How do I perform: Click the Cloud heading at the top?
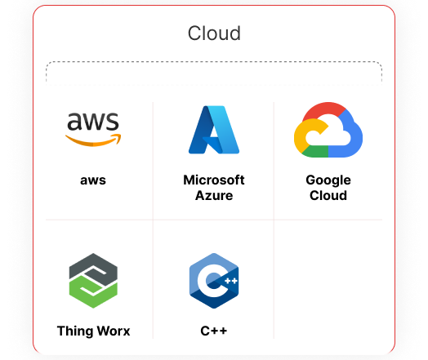click(x=214, y=33)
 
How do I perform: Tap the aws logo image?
click(x=93, y=129)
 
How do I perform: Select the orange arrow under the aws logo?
click(x=93, y=140)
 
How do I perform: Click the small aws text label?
click(x=93, y=180)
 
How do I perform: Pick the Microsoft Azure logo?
click(x=214, y=130)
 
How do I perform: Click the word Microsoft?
click(x=214, y=180)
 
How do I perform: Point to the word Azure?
click(x=214, y=196)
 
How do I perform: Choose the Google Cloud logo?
click(x=328, y=130)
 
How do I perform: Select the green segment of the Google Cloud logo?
click(x=316, y=151)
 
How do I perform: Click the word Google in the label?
click(x=328, y=180)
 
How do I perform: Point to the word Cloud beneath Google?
click(x=328, y=196)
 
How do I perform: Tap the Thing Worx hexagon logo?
click(x=93, y=281)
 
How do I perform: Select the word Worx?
click(x=114, y=331)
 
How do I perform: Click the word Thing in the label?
click(x=76, y=331)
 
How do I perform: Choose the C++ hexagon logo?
click(x=214, y=281)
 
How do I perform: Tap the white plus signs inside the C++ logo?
click(x=231, y=281)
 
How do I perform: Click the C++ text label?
click(x=214, y=331)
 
